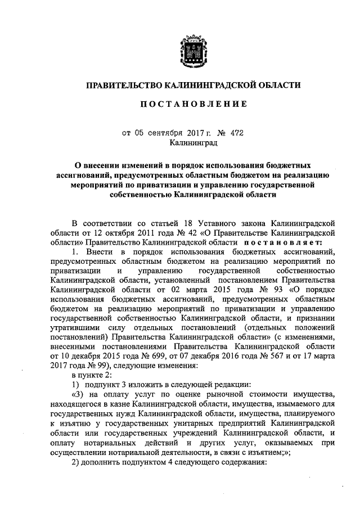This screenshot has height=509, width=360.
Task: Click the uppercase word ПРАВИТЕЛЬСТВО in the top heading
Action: [x=121, y=85]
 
